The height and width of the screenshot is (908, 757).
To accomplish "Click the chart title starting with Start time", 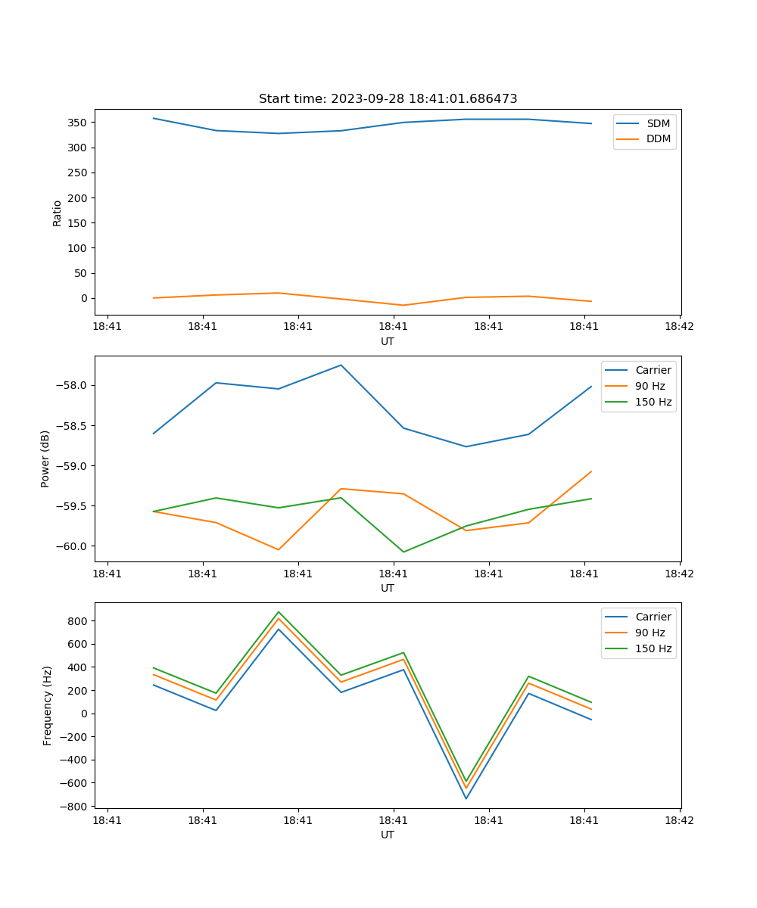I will point(388,99).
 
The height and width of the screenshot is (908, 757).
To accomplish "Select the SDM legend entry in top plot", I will point(658,123).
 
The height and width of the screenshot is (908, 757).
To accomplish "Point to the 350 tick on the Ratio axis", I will point(77,123).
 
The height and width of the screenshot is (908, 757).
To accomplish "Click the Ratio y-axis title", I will point(58,213).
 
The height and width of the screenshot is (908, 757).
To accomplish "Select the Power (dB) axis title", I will point(45,459).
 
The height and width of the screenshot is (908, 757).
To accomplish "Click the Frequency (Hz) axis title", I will point(47,705).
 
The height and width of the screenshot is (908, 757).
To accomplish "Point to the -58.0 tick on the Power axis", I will point(71,385).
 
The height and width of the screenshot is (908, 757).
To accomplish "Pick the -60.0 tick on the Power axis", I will point(71,546).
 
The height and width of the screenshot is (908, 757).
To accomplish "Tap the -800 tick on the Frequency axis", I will point(74,807).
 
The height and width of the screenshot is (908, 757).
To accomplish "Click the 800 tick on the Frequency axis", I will point(77,621).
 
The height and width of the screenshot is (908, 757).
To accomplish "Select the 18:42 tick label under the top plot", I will point(679,327).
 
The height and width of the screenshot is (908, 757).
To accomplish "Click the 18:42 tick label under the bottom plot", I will point(679,820).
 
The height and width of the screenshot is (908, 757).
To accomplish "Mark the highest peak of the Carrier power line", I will point(341,365).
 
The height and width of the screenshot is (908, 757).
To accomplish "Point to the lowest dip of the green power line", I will point(403,552).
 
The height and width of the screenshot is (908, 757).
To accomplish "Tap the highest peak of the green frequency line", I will point(279,612).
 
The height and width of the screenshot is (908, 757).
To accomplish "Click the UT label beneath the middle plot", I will point(388,588).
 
